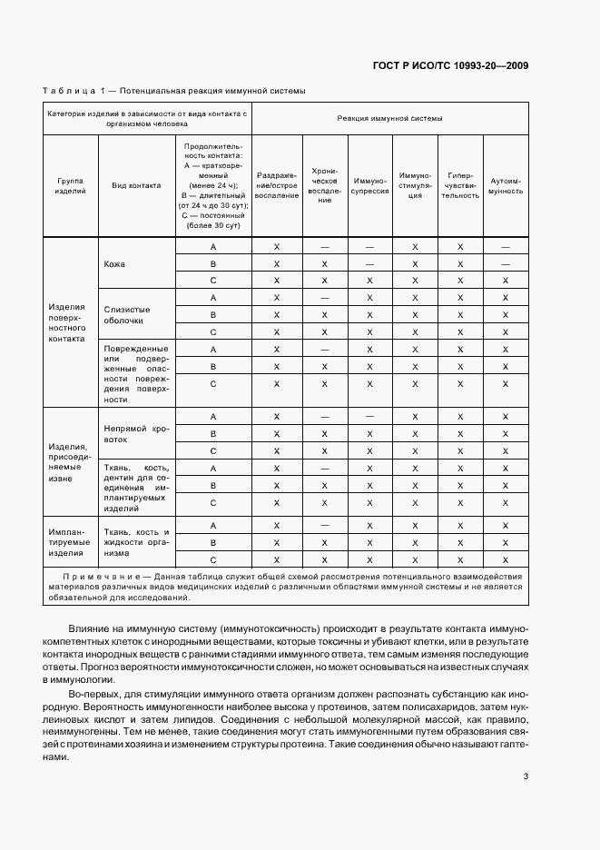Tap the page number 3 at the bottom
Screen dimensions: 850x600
(x=526, y=776)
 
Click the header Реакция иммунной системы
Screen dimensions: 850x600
(x=389, y=118)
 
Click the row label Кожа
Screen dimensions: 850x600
(x=114, y=264)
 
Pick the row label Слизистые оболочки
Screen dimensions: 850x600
(x=127, y=314)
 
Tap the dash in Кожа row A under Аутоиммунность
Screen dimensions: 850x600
(x=506, y=247)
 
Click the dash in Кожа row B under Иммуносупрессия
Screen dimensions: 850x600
(x=369, y=264)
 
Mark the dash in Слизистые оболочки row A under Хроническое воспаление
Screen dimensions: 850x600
(x=324, y=298)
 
